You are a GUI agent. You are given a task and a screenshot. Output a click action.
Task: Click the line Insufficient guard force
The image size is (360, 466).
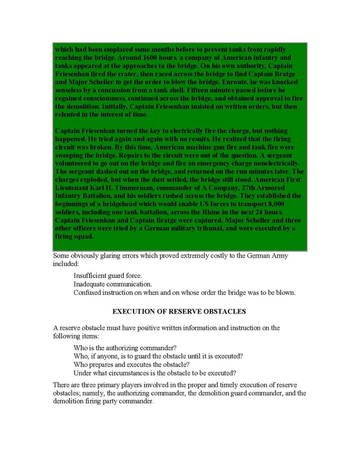coord(108,275)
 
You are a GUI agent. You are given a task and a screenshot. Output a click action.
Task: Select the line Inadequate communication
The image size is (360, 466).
coord(113,284)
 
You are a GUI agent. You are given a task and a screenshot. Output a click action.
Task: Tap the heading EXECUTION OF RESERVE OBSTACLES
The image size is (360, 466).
coord(179,312)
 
